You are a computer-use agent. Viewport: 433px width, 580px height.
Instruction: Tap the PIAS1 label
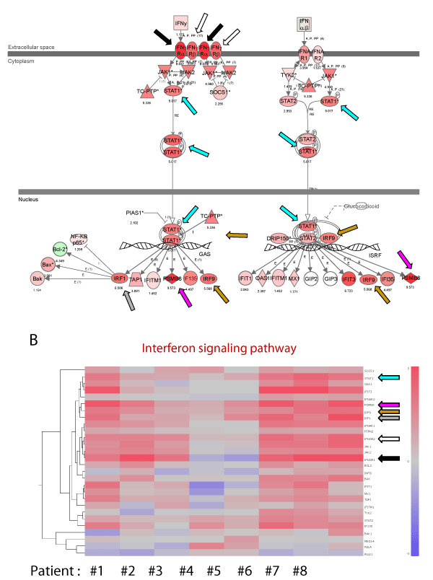[x=134, y=214]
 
